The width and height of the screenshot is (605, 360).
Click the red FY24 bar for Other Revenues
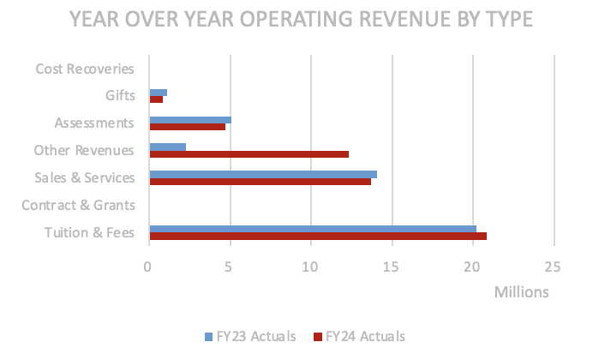(249, 154)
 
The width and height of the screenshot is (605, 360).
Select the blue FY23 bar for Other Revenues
(167, 147)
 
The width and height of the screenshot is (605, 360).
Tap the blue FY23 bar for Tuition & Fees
(312, 229)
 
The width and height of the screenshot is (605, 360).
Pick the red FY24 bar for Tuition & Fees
(317, 236)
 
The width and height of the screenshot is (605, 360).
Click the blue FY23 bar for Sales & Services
(262, 174)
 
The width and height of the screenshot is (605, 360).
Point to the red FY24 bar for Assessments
(187, 127)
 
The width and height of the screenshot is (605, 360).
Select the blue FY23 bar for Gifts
(158, 92)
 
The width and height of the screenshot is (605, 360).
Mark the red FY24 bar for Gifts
(156, 99)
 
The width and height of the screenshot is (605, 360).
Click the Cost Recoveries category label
(85, 69)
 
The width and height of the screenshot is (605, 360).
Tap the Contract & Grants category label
(78, 205)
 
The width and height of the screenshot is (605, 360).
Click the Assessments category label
(94, 123)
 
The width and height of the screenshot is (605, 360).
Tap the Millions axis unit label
(521, 292)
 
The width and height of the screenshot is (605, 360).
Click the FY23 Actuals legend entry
(251, 336)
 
